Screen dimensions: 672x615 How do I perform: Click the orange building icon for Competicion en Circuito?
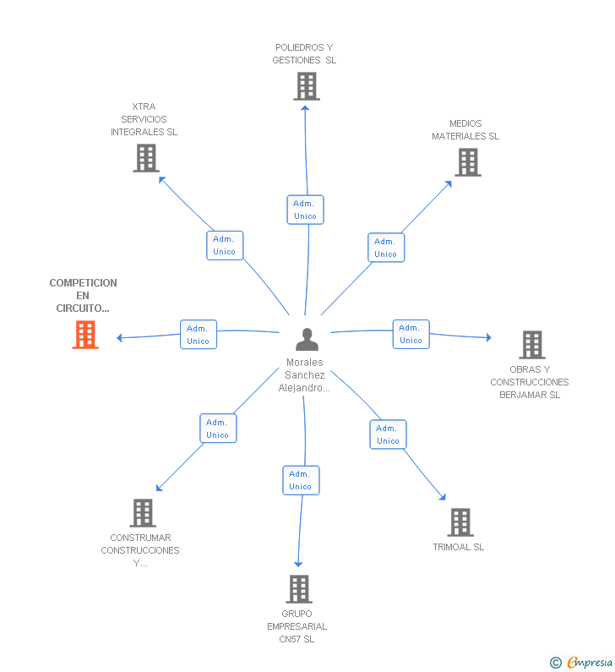[85, 336]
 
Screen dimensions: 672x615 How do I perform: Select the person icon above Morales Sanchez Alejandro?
[307, 339]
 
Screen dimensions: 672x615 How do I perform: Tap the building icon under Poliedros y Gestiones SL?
[307, 86]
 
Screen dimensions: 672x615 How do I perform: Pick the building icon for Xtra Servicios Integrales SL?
[146, 158]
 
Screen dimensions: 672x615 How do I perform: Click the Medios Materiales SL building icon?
[467, 162]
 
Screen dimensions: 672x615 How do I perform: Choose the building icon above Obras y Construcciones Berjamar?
[531, 345]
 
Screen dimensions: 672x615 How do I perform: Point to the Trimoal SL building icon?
[460, 522]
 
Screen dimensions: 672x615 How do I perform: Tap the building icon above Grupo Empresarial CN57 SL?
[298, 589]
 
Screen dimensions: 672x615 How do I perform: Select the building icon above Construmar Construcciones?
[143, 513]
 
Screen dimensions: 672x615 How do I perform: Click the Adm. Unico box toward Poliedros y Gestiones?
[305, 210]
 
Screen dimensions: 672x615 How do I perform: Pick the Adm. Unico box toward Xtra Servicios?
[225, 245]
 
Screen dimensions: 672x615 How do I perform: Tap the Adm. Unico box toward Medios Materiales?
[386, 248]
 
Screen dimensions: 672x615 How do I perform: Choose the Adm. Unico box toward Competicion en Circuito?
[199, 335]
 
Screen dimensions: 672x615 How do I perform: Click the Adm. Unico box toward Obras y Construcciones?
[411, 334]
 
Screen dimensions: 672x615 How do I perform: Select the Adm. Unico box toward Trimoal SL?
[388, 434]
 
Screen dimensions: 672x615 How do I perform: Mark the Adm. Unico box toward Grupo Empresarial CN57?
[301, 480]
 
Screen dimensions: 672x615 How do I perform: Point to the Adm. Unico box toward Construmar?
[218, 429]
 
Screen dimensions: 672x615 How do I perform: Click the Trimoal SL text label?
[458, 547]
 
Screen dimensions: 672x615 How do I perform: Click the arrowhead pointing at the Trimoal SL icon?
[442, 497]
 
